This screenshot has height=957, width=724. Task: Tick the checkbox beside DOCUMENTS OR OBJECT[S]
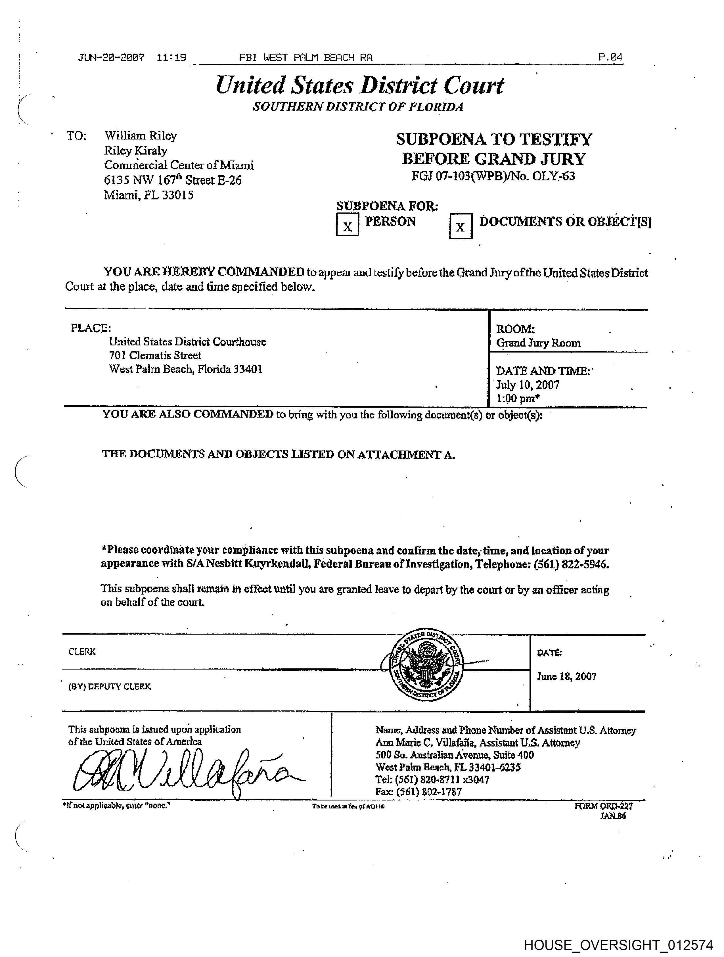[460, 226]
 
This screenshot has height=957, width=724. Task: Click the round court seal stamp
[426, 665]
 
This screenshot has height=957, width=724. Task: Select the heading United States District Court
[359, 85]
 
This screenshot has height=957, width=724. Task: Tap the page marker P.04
[610, 57]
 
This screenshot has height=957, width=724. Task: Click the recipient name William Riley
[141, 136]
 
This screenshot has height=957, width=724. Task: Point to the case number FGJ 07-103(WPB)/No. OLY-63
[493, 176]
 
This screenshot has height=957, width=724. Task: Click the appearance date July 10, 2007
[527, 385]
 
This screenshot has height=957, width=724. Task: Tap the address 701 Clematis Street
[155, 356]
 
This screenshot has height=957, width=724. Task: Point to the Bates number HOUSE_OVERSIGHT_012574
[618, 945]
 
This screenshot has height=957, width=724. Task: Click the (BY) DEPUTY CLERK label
[109, 687]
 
